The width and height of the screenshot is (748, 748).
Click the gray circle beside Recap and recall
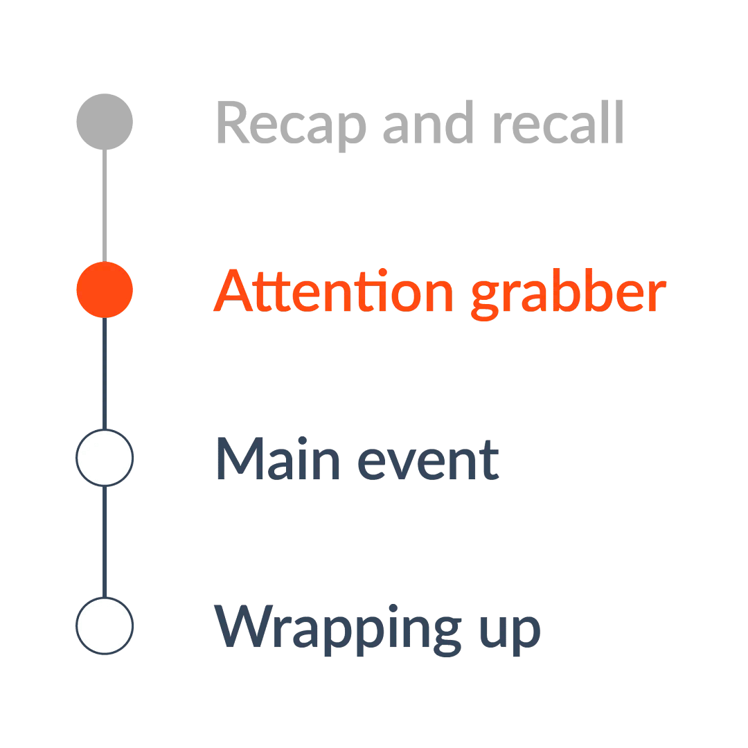104,121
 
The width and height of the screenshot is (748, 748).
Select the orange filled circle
104,290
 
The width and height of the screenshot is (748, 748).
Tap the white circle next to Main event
104,458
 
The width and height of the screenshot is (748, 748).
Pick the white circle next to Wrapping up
104,625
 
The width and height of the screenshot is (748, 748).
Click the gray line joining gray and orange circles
104,206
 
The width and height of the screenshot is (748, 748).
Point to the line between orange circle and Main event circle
104,374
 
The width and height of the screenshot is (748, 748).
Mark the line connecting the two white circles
104,542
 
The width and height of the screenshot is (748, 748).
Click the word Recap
290,123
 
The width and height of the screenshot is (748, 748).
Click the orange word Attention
333,291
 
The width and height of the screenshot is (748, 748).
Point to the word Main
278,458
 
